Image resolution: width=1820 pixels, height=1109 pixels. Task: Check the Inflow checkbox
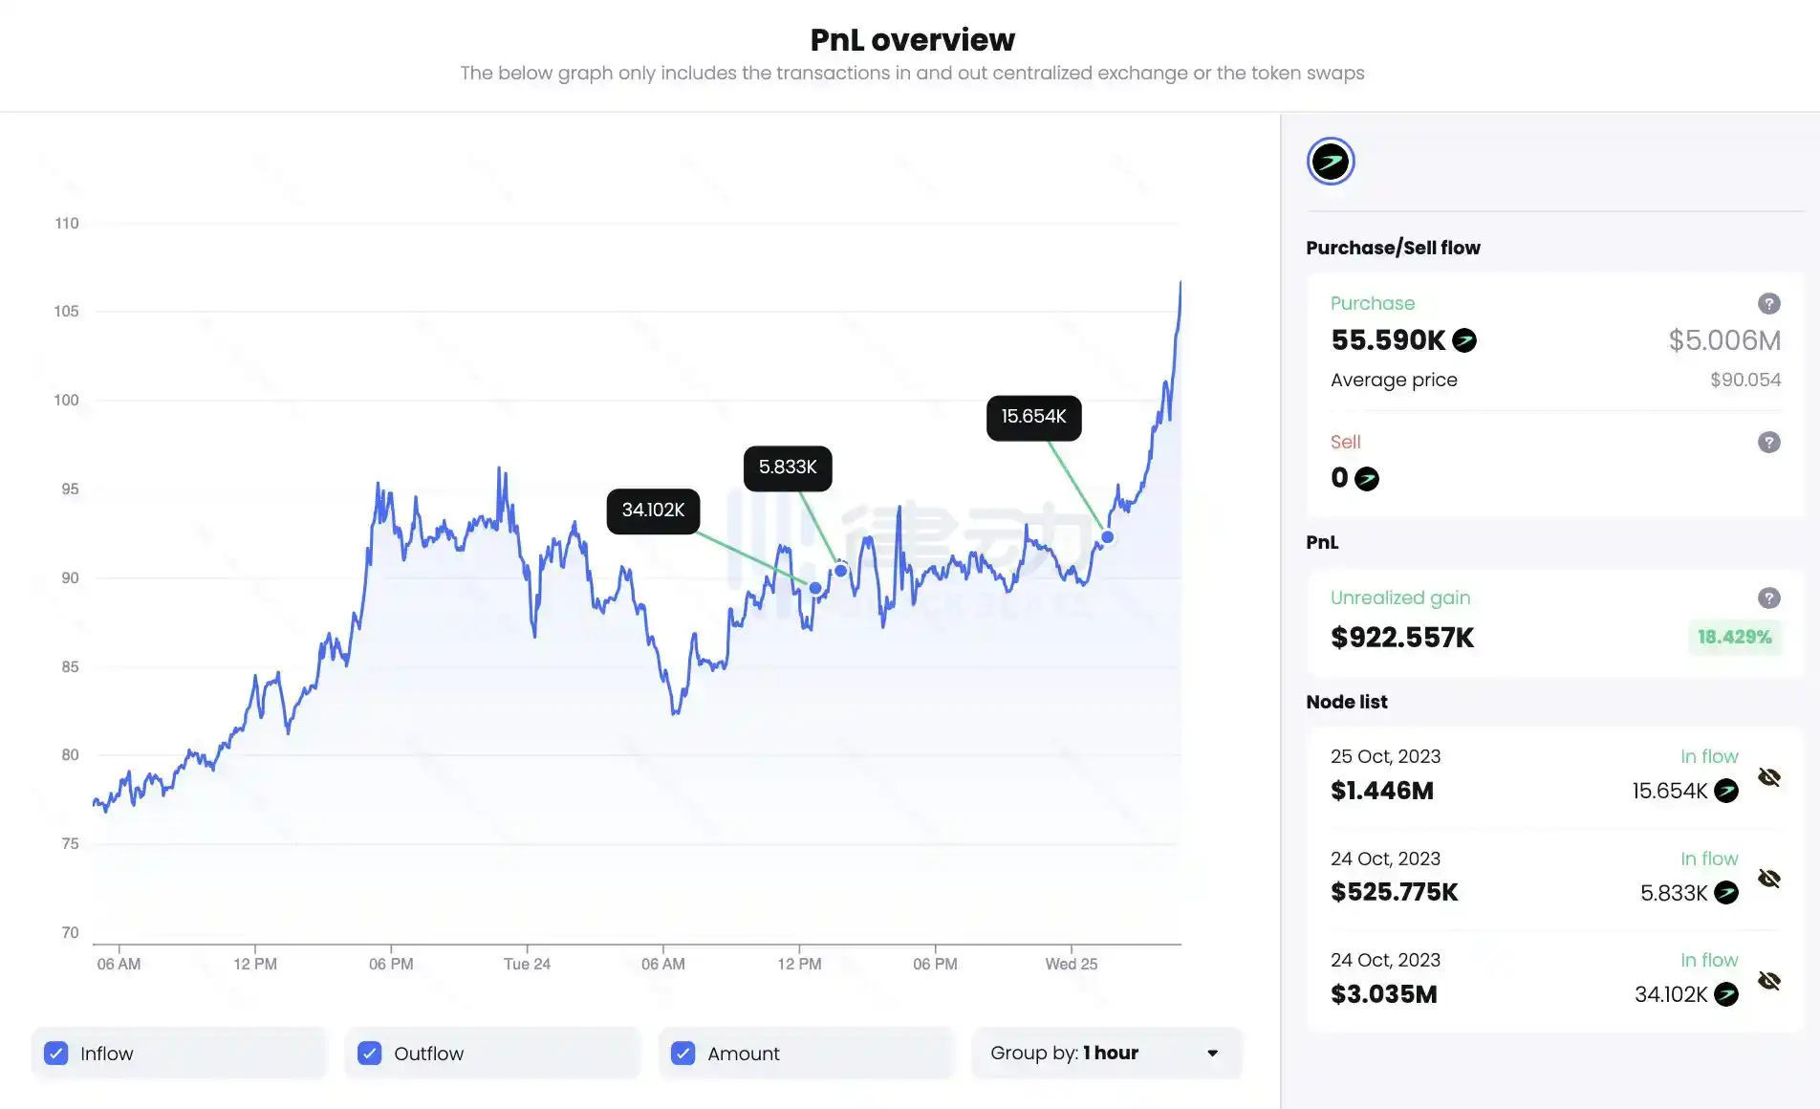(56, 1053)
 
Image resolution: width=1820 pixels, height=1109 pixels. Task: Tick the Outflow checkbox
(370, 1053)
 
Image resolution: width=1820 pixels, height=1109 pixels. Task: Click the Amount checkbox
(682, 1053)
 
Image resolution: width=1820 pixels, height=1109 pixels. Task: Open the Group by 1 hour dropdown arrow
(1212, 1053)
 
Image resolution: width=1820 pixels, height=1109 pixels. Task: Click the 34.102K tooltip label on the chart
(653, 511)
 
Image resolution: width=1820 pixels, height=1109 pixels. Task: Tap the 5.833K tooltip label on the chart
(788, 468)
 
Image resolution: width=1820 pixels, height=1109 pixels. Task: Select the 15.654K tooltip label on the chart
(1033, 417)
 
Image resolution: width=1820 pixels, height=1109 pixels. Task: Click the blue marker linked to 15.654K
(1107, 537)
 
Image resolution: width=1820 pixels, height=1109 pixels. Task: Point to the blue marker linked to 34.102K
(814, 588)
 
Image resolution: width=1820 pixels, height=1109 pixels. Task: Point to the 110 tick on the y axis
(67, 224)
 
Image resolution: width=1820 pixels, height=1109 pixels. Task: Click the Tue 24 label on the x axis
(527, 964)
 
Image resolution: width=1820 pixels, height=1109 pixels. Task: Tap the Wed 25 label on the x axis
(1071, 964)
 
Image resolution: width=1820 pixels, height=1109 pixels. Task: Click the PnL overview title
(912, 40)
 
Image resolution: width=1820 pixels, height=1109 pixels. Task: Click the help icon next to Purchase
(1768, 304)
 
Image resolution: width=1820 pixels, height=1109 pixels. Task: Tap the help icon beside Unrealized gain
(1768, 598)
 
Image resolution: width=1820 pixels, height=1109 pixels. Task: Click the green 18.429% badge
(1734, 637)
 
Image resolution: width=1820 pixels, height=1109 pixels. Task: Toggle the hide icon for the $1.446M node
(1768, 777)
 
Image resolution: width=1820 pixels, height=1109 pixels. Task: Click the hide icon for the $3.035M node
(1768, 981)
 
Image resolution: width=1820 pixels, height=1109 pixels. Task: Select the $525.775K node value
(1394, 892)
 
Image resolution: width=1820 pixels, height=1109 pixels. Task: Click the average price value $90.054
(1744, 380)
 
